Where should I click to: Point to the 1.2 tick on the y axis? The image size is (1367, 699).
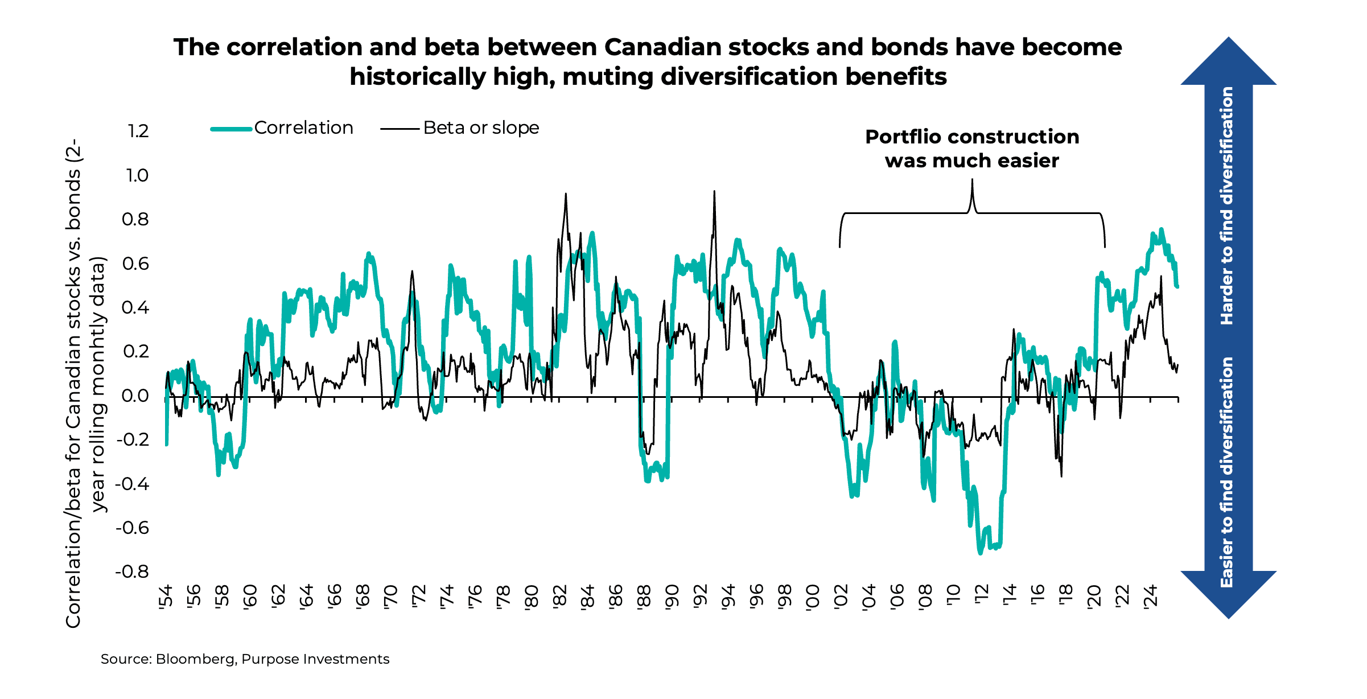point(138,131)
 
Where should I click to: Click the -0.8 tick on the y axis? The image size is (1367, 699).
point(133,571)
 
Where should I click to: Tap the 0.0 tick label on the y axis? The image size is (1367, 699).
point(135,396)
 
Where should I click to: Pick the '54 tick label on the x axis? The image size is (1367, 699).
point(166,597)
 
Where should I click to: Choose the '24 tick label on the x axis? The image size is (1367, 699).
point(1151,597)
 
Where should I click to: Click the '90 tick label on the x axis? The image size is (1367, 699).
point(672,597)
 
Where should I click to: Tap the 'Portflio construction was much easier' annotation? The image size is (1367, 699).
point(972,149)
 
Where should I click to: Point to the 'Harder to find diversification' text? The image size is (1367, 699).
point(1227,206)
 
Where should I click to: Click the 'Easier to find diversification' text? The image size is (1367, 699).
point(1227,472)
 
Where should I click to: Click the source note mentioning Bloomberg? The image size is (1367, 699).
point(245,659)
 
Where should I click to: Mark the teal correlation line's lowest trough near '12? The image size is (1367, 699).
point(980,552)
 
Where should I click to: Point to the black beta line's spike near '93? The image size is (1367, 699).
point(714,192)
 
